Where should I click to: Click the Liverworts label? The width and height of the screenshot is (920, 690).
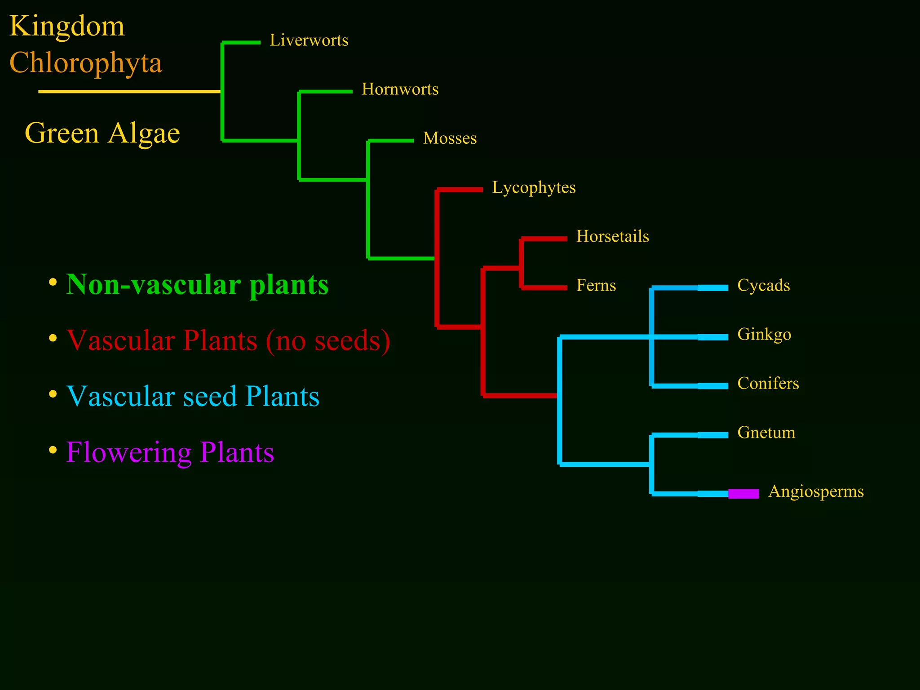[x=309, y=40]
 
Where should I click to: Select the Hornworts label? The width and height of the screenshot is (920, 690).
[x=400, y=89]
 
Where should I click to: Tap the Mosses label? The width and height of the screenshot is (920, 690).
[x=450, y=138]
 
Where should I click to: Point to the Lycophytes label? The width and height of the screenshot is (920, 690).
[x=534, y=187]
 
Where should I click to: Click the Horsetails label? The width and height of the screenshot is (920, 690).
[x=612, y=236]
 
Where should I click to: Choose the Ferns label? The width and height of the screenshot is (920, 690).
[x=596, y=285]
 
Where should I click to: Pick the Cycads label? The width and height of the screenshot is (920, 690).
[x=763, y=285]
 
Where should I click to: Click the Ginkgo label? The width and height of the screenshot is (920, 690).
[x=764, y=335]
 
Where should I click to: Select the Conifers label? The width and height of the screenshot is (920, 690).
[x=768, y=383]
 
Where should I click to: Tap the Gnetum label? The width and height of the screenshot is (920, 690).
[x=766, y=433]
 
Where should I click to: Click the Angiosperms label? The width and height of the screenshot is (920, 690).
[x=816, y=491]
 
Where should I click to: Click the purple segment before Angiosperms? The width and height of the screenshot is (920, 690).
[x=743, y=494]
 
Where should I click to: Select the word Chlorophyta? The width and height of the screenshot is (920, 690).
[x=85, y=63]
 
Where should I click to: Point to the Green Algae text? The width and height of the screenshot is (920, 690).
[x=102, y=133]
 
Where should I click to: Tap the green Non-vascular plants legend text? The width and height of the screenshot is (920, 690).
[x=197, y=285]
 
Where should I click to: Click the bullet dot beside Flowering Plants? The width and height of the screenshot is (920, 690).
[x=53, y=449]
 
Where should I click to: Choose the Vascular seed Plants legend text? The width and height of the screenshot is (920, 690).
[x=193, y=396]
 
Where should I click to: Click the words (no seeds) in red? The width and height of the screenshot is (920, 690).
[x=328, y=341]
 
